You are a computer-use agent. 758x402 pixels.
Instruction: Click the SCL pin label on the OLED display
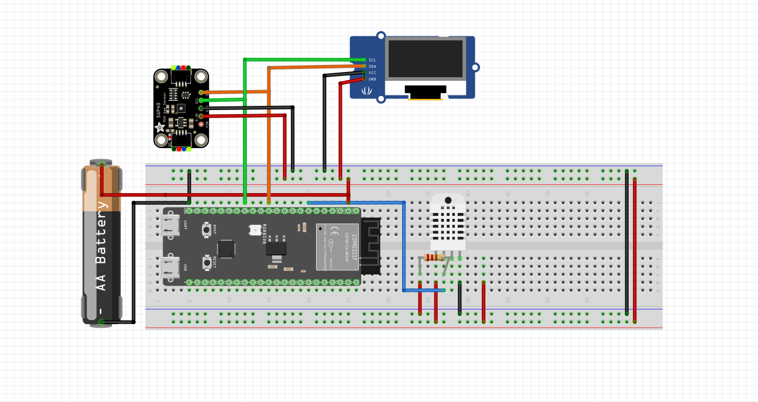(x=372, y=60)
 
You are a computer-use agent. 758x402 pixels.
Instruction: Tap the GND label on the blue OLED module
(x=372, y=79)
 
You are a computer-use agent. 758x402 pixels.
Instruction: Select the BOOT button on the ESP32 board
(x=207, y=230)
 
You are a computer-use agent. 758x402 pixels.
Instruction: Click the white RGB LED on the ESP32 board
(x=255, y=230)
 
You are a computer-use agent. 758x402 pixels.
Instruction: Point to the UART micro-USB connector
(x=173, y=226)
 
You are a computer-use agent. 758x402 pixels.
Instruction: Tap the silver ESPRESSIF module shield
(x=337, y=246)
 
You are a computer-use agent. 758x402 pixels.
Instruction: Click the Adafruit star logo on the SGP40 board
(x=159, y=127)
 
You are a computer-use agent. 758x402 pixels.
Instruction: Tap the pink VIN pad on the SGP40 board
(x=202, y=124)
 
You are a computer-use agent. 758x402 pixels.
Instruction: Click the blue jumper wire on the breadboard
(x=404, y=246)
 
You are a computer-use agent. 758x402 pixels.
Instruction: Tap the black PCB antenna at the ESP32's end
(x=371, y=246)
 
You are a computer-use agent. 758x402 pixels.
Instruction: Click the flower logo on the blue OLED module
(x=367, y=90)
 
